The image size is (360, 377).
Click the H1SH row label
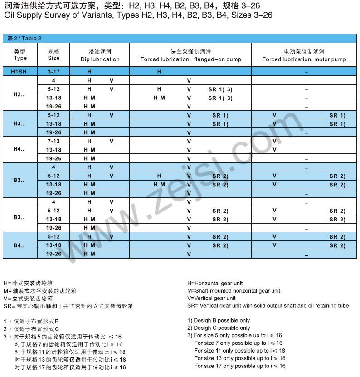coord(20,72)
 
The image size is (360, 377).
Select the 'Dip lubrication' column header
coord(100,56)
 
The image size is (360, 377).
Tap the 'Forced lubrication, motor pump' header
coord(304,56)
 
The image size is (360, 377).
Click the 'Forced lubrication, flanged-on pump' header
coord(190,56)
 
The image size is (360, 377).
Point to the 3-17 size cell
coord(54,72)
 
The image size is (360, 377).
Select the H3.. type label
coord(20,124)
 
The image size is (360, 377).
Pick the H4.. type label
coord(20,150)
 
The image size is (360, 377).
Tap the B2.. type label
coord(20,180)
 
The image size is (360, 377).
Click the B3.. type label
coord(20,215)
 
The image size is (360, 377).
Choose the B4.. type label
coord(20,245)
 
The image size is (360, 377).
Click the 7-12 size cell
coord(54,141)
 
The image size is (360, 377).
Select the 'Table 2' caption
coord(24,39)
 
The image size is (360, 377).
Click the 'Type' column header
coord(20,55)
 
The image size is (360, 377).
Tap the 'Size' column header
coord(54,55)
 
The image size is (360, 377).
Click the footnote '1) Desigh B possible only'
coord(219,320)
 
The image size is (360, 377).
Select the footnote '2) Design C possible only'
coord(219,328)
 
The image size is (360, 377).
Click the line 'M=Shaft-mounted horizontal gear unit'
coord(234,291)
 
